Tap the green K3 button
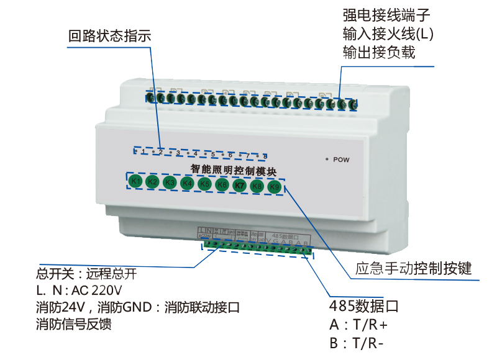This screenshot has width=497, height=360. tap(170, 182)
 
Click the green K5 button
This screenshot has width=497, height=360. tap(204, 184)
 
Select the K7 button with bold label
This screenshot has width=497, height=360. tap(240, 185)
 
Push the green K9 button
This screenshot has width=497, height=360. tap(275, 186)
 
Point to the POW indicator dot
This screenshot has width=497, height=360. tap(326, 159)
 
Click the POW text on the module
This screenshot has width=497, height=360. tap(342, 160)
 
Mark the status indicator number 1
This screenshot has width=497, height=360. tap(144, 151)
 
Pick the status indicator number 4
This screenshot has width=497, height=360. tap(195, 153)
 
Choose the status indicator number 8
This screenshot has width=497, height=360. tap(265, 156)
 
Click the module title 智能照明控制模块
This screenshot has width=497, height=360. tap(233, 169)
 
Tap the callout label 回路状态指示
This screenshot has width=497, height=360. tap(109, 36)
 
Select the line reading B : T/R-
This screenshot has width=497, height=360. tap(357, 344)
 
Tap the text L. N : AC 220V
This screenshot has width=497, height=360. tap(80, 290)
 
